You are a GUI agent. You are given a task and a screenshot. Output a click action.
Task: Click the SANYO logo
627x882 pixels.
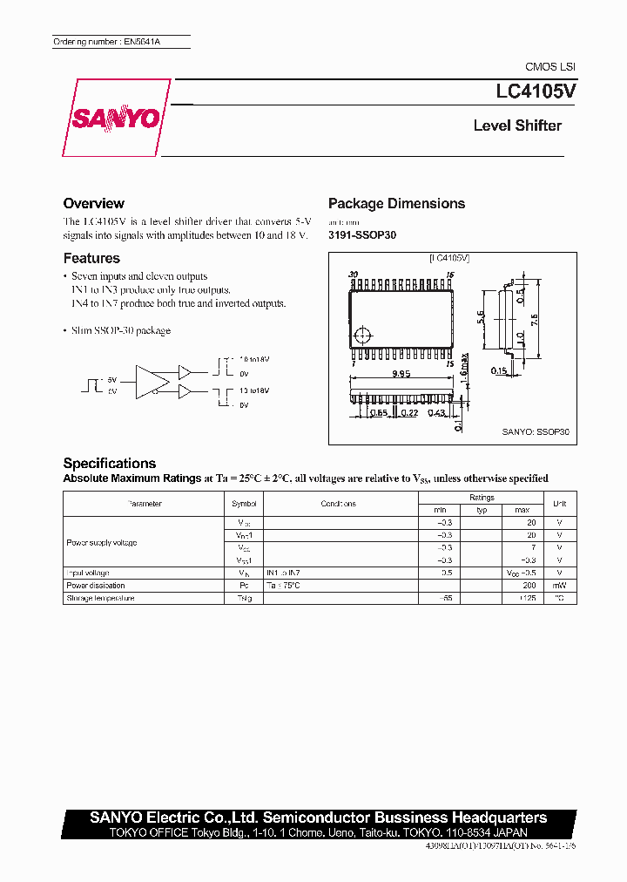(113, 119)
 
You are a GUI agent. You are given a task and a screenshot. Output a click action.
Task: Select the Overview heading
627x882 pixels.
(93, 203)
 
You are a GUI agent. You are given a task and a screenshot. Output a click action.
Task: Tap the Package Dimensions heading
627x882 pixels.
(396, 203)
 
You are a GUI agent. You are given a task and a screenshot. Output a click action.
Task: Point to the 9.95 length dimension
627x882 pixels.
(401, 374)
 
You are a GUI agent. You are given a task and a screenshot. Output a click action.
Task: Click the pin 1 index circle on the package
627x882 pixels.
(365, 334)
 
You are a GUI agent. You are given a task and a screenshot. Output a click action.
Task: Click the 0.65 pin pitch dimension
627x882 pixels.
(377, 412)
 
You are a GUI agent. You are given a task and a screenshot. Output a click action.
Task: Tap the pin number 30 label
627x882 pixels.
(353, 275)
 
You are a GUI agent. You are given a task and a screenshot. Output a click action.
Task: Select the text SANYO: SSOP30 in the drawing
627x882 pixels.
(535, 431)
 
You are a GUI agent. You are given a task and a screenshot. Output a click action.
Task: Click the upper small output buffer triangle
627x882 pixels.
(185, 370)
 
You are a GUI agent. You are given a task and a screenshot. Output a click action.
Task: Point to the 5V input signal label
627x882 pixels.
(111, 379)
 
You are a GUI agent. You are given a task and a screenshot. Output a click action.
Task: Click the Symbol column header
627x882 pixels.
(244, 504)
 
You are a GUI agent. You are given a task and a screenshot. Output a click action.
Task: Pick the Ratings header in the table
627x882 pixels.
(482, 498)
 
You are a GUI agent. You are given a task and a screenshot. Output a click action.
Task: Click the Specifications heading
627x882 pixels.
(110, 464)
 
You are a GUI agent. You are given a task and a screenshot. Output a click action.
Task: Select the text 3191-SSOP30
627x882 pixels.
(361, 235)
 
